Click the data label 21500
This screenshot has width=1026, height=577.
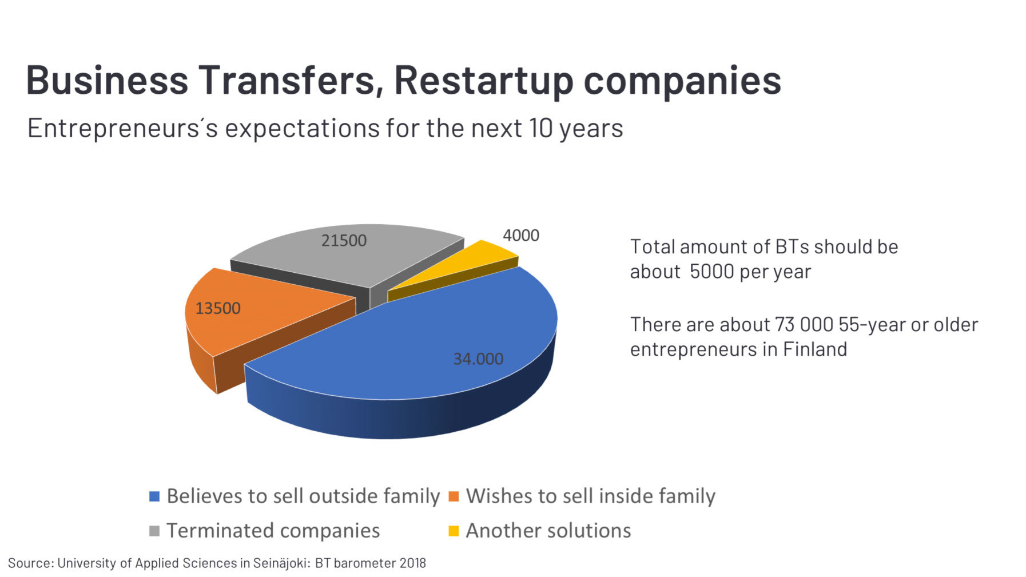coord(343,240)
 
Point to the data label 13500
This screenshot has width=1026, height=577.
coord(218,308)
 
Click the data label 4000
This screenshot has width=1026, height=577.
coord(520,235)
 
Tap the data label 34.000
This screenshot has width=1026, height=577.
coord(478,359)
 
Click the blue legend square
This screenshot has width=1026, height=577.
coord(154,496)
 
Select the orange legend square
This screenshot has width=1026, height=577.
coord(454,496)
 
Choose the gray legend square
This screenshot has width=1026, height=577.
coord(154,531)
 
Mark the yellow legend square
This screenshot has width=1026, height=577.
coord(454,531)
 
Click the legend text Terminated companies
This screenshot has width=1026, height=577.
coord(273,531)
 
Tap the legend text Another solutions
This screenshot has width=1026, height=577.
coord(548,531)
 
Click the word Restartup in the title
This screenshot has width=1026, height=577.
coord(483,80)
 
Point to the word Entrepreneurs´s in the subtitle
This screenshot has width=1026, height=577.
coord(122,128)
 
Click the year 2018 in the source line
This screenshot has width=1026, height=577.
coord(412,563)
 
